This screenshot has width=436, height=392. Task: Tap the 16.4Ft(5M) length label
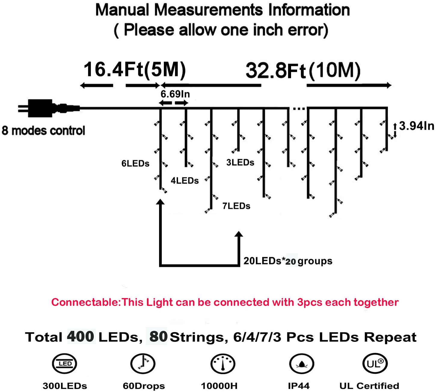(x=134, y=70)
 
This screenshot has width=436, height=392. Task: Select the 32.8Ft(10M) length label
(x=303, y=71)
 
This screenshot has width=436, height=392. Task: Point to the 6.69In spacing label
(x=175, y=94)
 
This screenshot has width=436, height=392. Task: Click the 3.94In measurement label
(x=416, y=126)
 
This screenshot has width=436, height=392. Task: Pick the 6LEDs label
(x=135, y=163)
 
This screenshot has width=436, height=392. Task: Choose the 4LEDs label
(x=185, y=181)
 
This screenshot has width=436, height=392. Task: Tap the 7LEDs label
(x=236, y=206)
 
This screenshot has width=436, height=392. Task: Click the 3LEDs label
(x=240, y=163)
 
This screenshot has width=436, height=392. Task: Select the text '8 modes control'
(x=43, y=131)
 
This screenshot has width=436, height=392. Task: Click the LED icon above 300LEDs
(x=65, y=364)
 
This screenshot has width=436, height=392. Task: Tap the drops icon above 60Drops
(x=143, y=363)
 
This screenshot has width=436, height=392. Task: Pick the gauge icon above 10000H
(x=223, y=364)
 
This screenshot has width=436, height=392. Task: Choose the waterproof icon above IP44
(x=302, y=364)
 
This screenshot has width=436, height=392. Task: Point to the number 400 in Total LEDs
(x=81, y=337)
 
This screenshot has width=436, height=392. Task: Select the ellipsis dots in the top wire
(x=299, y=108)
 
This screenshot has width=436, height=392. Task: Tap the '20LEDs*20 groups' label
(x=288, y=261)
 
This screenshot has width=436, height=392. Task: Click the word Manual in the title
(x=122, y=10)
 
